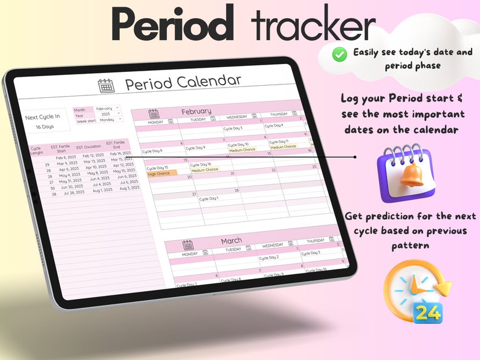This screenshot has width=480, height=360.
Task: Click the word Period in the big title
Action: pos(173,25)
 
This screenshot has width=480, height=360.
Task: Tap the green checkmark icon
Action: pos(340,54)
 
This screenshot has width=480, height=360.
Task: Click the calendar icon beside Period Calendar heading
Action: pos(106,85)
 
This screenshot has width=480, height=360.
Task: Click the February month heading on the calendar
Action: pos(196,111)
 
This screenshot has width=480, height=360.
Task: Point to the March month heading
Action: pos(231,240)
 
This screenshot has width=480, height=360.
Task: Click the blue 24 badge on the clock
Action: pos(428,312)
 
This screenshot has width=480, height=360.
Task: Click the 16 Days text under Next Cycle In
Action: pos(45,127)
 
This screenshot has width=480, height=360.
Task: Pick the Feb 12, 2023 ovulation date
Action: pos(93,155)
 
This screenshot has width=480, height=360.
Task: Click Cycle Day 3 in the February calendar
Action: pos(233,128)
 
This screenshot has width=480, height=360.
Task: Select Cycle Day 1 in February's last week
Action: pos(209,199)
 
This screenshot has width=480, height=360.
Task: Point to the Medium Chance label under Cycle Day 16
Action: pos(204,170)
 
